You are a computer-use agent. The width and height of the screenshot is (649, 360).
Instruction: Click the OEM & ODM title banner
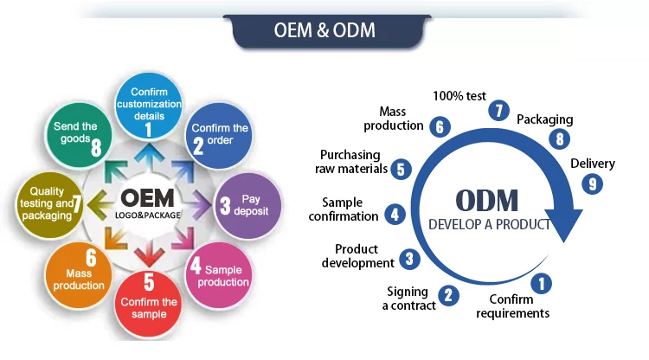click(x=324, y=29)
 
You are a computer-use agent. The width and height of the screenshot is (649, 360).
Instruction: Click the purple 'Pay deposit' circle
click(x=246, y=206)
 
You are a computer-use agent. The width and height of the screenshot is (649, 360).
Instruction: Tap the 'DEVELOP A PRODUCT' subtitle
click(x=489, y=224)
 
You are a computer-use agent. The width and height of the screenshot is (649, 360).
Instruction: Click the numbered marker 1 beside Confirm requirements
click(x=543, y=282)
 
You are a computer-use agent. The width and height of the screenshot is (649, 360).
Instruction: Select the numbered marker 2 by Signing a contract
click(x=448, y=294)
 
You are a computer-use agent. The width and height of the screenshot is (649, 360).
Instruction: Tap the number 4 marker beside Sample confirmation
click(x=394, y=213)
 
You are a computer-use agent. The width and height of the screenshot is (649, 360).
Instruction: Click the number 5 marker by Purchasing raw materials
click(x=400, y=169)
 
